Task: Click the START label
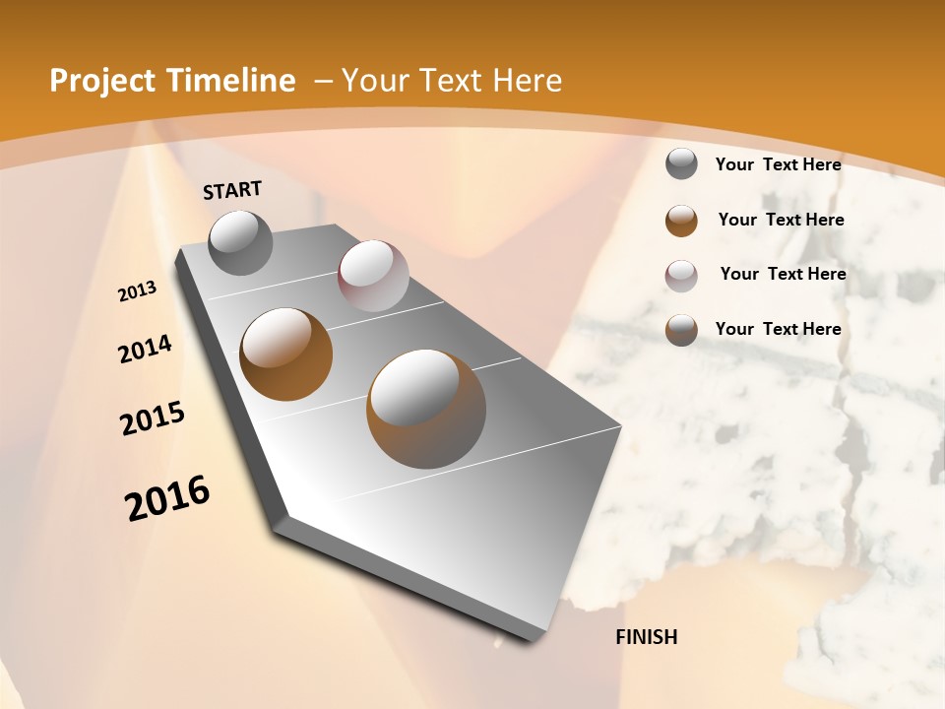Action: (232, 190)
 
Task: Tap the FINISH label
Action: (647, 637)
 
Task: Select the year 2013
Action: (138, 291)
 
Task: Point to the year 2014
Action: (146, 350)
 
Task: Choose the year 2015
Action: (153, 419)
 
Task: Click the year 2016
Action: (167, 498)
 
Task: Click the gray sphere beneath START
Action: (241, 242)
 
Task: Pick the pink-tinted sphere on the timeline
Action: (373, 276)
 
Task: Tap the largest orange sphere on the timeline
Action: (426, 408)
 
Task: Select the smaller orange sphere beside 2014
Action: (286, 354)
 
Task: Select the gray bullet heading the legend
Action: (681, 164)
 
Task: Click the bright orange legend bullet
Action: (681, 221)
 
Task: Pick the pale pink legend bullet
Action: (681, 276)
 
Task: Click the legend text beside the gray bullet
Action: (778, 164)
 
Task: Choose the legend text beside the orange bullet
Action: (781, 220)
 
